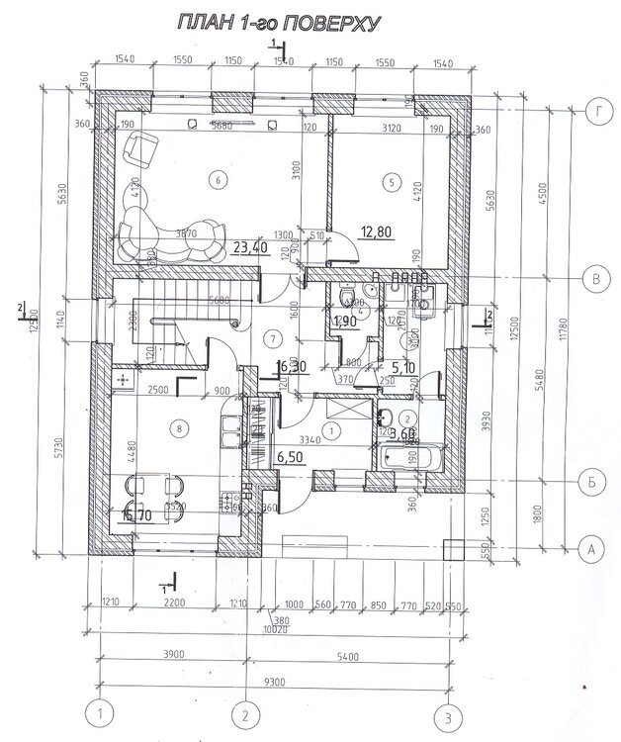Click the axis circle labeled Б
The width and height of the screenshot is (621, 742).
tap(590, 481)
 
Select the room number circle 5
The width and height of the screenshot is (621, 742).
tap(392, 182)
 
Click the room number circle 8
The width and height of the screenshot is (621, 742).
tap(178, 428)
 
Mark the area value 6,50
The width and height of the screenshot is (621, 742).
tap(291, 457)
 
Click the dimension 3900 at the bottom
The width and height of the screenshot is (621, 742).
tap(170, 654)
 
